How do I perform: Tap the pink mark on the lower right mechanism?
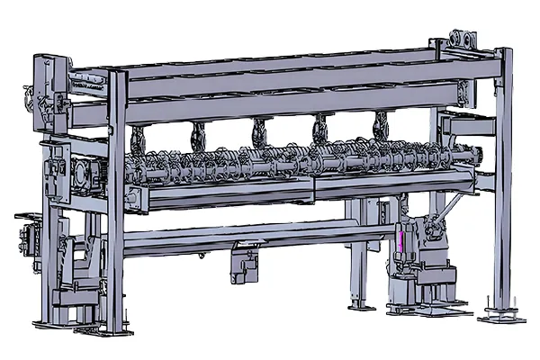(398, 241)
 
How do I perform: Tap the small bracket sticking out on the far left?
(24, 219)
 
